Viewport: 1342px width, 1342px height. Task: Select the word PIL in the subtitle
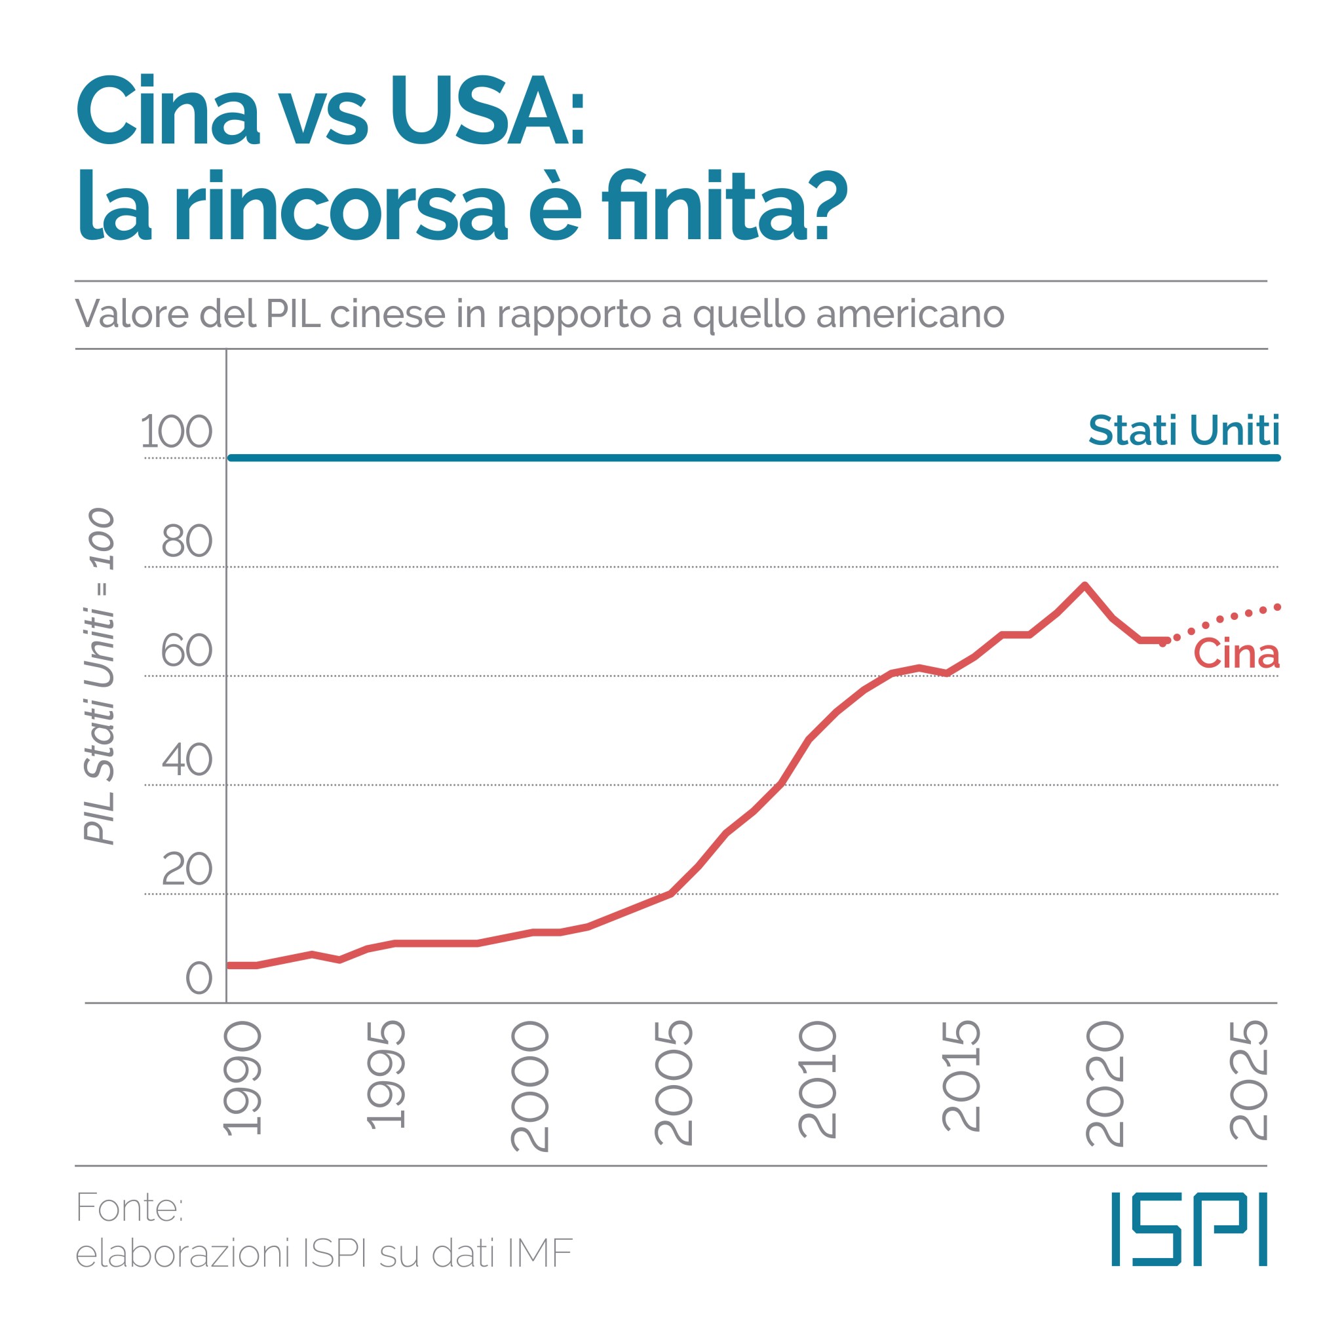pyautogui.click(x=293, y=314)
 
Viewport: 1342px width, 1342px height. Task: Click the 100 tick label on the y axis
pyautogui.click(x=176, y=431)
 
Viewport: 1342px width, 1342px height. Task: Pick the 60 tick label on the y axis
pyautogui.click(x=186, y=651)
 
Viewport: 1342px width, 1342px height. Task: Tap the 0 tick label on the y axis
pyautogui.click(x=199, y=979)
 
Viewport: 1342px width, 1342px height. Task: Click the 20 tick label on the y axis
pyautogui.click(x=186, y=869)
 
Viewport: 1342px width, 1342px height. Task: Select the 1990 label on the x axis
pyautogui.click(x=243, y=1077)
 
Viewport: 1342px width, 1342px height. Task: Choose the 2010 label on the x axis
pyautogui.click(x=818, y=1079)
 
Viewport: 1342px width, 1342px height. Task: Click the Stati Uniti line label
pyautogui.click(x=1183, y=431)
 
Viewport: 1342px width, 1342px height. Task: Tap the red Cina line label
pyautogui.click(x=1237, y=655)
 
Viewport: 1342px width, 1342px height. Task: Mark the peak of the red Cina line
pyautogui.click(x=1084, y=585)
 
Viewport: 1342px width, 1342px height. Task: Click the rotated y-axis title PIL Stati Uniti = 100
pyautogui.click(x=100, y=676)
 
